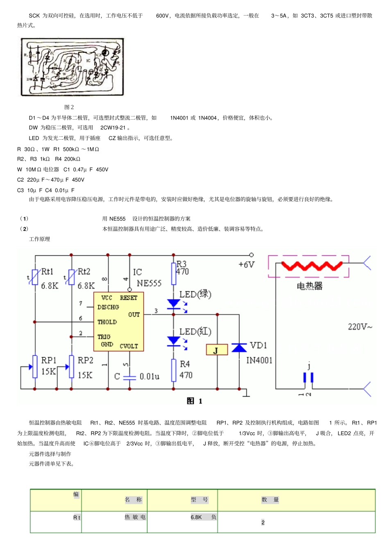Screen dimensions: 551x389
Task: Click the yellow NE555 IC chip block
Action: (118, 322)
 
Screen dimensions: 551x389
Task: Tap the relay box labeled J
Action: (217, 350)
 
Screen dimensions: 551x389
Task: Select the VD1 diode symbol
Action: (239, 348)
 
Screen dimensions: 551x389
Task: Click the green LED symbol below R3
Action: (174, 304)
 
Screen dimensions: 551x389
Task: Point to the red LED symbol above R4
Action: (174, 341)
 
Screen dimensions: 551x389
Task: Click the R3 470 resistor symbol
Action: (174, 273)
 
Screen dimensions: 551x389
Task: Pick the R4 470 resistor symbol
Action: (174, 370)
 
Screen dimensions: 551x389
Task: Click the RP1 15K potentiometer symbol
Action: (35, 367)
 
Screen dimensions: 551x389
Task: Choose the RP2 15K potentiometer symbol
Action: (72, 367)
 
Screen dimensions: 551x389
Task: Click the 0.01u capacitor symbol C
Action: (129, 377)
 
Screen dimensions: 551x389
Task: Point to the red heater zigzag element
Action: (312, 266)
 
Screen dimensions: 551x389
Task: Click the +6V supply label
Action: (246, 265)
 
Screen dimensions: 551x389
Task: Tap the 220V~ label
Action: (360, 327)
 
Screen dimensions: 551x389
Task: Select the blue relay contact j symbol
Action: (308, 377)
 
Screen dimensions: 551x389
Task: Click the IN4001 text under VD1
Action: (259, 361)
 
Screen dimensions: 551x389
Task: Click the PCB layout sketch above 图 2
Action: (72, 68)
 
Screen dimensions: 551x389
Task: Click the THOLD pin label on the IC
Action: (107, 322)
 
